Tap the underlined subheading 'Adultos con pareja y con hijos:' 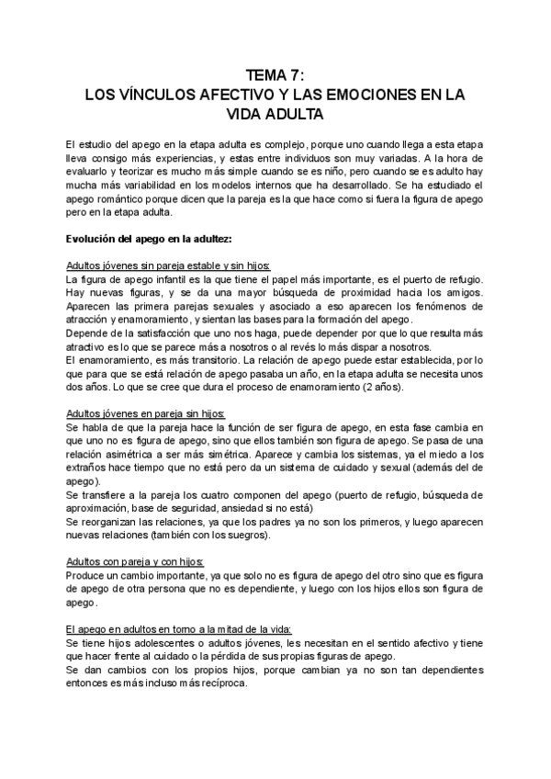tap(135, 561)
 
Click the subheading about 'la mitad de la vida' tap(179, 629)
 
